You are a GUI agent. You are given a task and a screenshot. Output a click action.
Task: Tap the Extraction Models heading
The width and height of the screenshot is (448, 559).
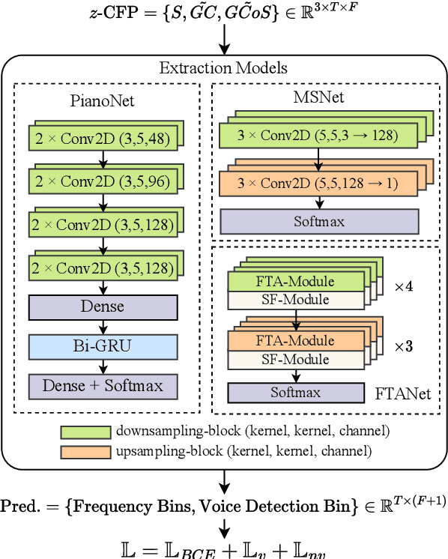[x=223, y=68]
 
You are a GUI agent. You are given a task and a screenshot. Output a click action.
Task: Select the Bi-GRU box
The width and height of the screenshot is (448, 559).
[x=103, y=347]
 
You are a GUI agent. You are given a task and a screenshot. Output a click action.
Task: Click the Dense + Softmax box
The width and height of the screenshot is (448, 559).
[x=103, y=386]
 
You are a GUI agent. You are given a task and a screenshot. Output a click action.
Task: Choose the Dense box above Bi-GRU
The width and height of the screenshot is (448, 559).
[x=103, y=307]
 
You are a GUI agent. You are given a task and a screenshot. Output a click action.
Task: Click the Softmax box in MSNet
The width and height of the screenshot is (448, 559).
[x=319, y=223]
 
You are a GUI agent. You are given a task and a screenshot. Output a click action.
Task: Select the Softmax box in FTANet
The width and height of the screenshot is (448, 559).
[x=295, y=393]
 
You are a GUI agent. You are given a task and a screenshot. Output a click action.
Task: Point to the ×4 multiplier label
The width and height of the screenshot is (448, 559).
[x=404, y=286]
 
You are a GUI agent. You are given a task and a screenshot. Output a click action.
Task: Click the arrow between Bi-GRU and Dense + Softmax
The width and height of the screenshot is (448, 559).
[x=103, y=366]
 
